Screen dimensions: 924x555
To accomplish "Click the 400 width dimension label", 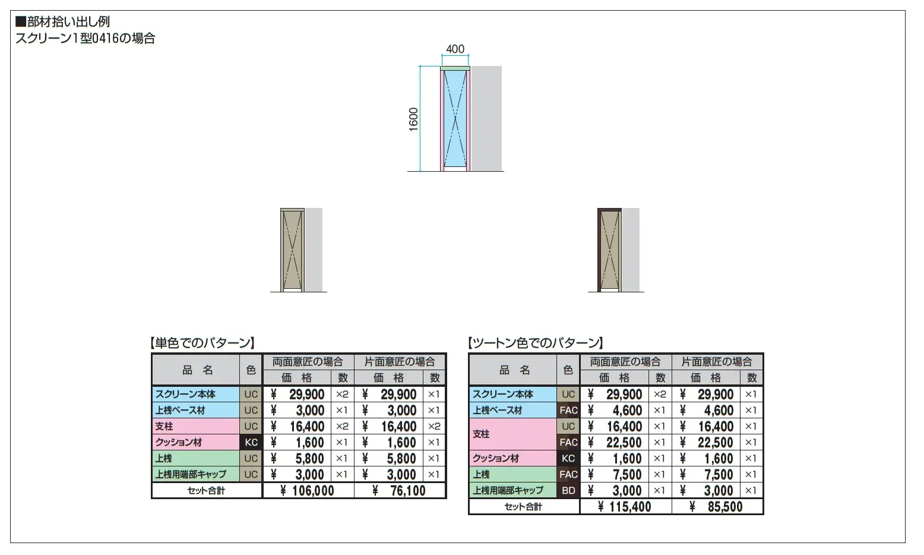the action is pos(455,49).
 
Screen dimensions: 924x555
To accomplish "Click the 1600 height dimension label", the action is pos(413,119).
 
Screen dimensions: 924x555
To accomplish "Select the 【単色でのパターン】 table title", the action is pos(202,342).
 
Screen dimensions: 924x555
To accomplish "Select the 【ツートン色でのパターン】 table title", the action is pos(536,342).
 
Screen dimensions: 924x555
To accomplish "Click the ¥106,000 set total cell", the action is pos(307,491).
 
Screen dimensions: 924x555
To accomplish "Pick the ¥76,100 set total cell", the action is pos(399,491).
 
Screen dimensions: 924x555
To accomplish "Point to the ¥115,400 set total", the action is pos(625,507).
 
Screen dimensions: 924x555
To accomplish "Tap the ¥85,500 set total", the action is pos(716,507).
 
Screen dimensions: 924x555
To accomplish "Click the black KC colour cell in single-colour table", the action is pos(251,442).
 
